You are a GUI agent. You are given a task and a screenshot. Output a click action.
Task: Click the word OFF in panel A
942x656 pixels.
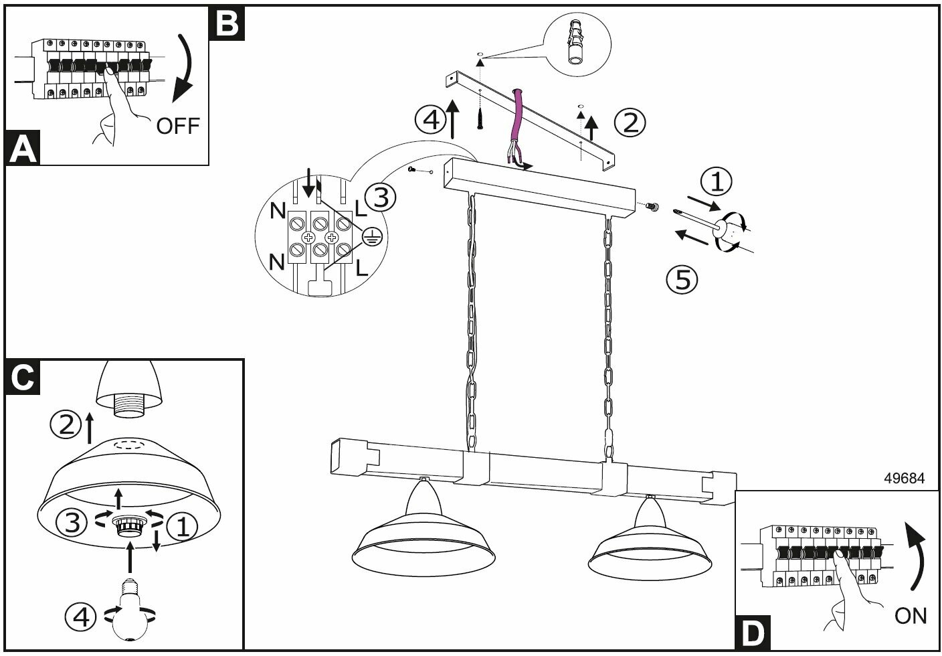[x=178, y=125]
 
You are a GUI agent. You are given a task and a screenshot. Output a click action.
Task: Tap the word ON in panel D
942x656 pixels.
[x=911, y=615]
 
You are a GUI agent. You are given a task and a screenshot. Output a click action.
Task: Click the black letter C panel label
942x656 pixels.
[x=23, y=376]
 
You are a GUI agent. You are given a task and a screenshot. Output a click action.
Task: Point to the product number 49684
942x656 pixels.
[x=905, y=479]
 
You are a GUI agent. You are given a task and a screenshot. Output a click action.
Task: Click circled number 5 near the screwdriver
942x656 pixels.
[x=682, y=278]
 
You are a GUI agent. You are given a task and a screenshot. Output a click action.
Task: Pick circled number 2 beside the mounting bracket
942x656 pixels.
[x=630, y=122]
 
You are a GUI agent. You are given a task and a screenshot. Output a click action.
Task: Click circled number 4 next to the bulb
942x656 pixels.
[x=80, y=617]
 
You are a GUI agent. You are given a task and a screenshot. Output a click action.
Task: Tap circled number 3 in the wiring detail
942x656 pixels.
[x=380, y=197]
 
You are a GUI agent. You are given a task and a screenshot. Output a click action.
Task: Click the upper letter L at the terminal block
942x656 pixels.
[x=361, y=210]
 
